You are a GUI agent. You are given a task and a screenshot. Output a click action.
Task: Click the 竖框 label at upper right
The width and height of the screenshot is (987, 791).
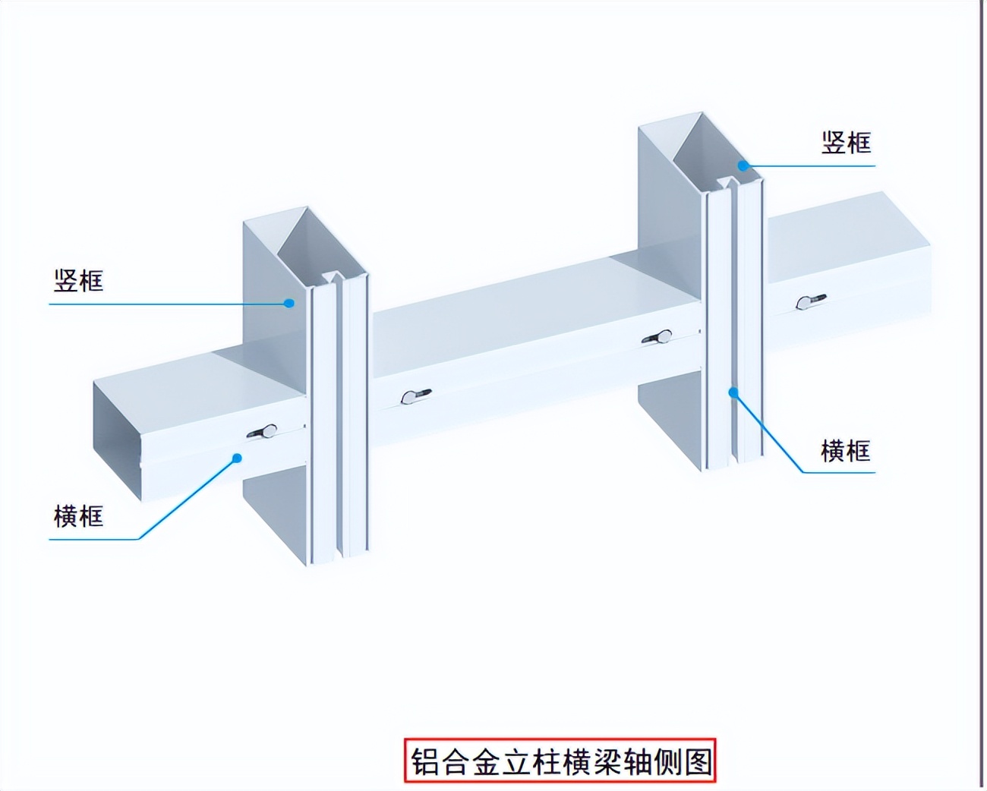[846, 143]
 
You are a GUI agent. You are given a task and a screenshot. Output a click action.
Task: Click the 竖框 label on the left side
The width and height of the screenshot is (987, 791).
[78, 281]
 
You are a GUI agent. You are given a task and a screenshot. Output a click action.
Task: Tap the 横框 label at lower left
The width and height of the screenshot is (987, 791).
[78, 517]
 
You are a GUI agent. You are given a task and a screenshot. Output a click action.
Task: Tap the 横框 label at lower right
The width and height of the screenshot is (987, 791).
[845, 451]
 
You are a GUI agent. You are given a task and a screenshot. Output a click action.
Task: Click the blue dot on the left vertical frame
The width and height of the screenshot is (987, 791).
[289, 303]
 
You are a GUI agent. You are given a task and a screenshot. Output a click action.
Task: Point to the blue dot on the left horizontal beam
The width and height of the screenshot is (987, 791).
[237, 458]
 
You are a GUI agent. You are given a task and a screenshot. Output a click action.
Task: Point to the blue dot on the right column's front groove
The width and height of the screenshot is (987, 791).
[733, 392]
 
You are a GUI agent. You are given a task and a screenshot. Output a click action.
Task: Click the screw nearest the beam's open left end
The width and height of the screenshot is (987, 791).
[263, 432]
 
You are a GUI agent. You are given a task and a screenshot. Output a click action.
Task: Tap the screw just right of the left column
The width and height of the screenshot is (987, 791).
[415, 395]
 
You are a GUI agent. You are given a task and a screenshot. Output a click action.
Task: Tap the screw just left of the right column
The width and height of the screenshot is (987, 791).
[657, 336]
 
